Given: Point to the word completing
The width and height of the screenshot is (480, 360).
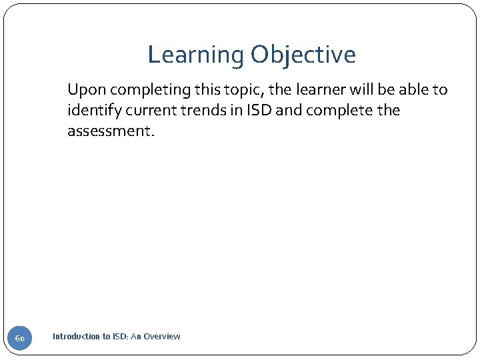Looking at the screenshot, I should tap(141, 90).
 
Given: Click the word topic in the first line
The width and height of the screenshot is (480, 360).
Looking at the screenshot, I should tap(227, 90).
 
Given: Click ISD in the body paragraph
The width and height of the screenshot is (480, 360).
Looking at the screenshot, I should tap(259, 111).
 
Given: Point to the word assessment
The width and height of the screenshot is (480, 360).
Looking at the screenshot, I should tap(110, 131).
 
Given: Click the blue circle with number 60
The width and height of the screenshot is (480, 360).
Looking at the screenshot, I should tap(19, 339).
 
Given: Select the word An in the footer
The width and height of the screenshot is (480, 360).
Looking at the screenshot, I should tap(136, 337).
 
